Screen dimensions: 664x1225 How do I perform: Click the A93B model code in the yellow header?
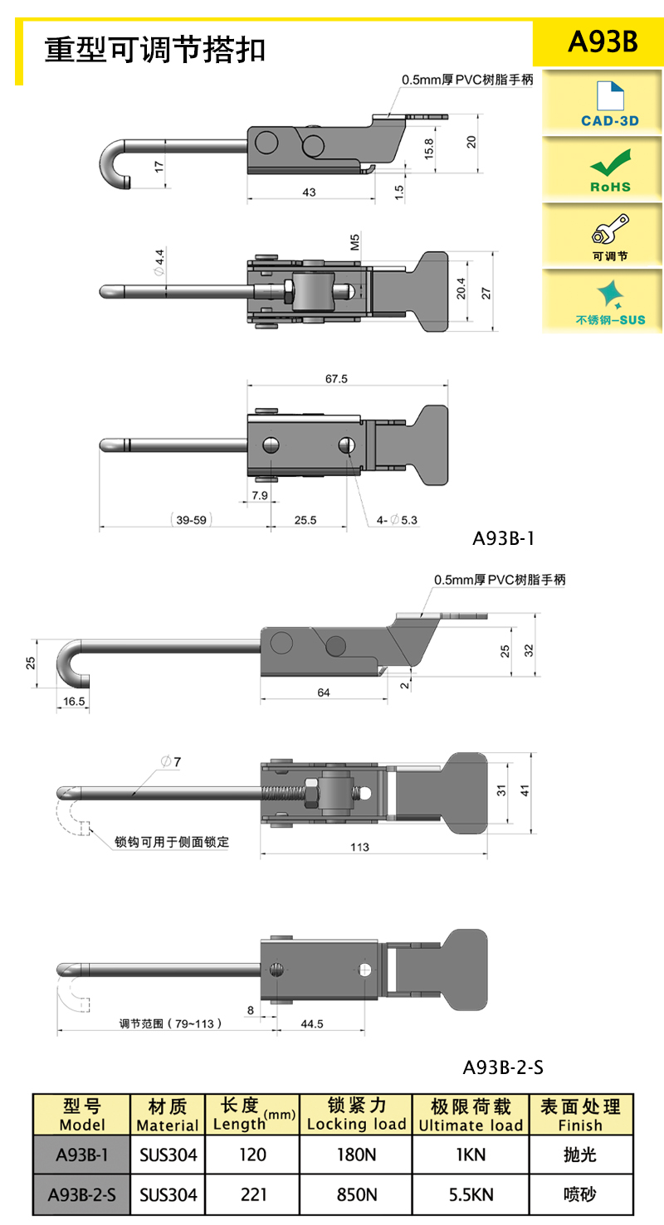point(602,41)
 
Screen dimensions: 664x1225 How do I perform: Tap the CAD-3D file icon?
point(610,95)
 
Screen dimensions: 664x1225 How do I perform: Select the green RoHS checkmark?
point(610,163)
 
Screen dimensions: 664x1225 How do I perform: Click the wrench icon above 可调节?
point(610,229)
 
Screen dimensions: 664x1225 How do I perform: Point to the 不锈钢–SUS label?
point(610,320)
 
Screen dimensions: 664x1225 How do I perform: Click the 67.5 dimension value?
point(336,378)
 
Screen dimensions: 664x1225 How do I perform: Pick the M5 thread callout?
point(354,241)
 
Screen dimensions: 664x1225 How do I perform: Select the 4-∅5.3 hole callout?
point(397,520)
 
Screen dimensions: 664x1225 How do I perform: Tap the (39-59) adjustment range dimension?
point(191,520)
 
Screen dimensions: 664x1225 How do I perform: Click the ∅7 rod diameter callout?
point(171,761)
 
